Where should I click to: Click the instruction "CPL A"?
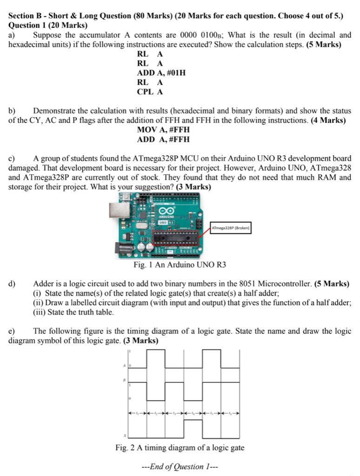[150, 92]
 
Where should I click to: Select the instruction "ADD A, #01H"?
[161, 73]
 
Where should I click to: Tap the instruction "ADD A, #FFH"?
[163, 139]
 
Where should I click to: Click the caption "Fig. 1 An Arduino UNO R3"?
[180, 265]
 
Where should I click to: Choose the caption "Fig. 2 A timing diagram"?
[180, 448]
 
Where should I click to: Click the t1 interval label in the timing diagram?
[137, 412]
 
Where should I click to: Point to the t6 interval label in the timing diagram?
[230, 412]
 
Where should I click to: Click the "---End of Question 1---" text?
[180, 466]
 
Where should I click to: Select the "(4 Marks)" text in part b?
[328, 120]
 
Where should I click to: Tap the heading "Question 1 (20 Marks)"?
[48, 25]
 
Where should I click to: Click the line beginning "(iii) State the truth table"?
[73, 312]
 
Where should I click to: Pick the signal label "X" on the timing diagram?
[125, 436]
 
